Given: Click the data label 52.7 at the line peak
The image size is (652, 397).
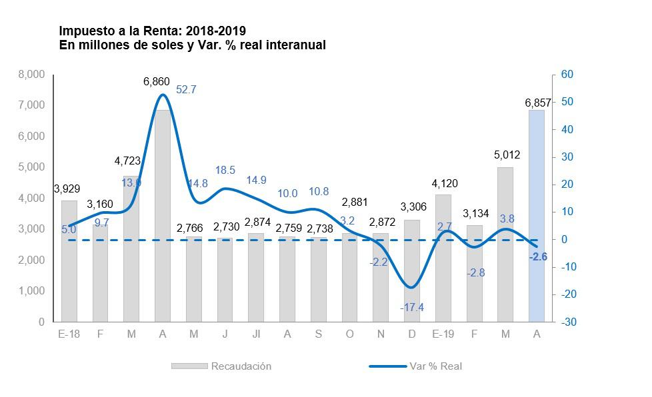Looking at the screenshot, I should [185, 89].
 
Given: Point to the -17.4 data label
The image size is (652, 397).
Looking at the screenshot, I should [412, 307].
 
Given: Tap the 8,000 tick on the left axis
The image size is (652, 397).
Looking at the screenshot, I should [32, 75].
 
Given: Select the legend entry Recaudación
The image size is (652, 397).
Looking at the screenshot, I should [241, 366].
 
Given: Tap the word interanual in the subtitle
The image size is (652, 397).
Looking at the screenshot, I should [293, 45].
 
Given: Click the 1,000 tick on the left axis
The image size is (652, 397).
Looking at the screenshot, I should [32, 291].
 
